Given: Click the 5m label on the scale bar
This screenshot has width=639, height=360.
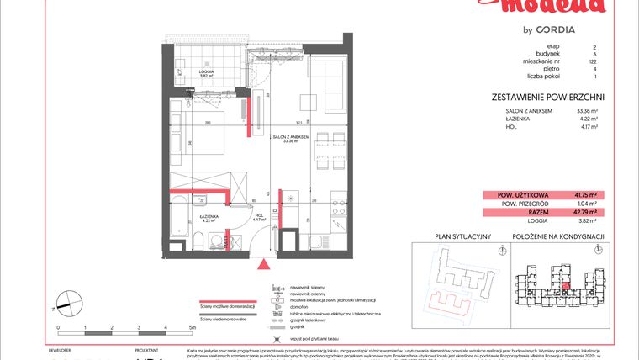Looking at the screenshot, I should point(193,326).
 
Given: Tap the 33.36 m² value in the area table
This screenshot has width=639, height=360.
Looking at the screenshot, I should point(586,111).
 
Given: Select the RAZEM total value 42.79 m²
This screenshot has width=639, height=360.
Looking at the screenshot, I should point(586,213).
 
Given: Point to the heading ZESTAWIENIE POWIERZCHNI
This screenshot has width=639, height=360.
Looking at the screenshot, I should point(547,98).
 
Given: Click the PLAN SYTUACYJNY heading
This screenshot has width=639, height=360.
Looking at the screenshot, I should point(462,236).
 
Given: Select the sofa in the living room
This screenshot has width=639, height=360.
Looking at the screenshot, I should point(327,85).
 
